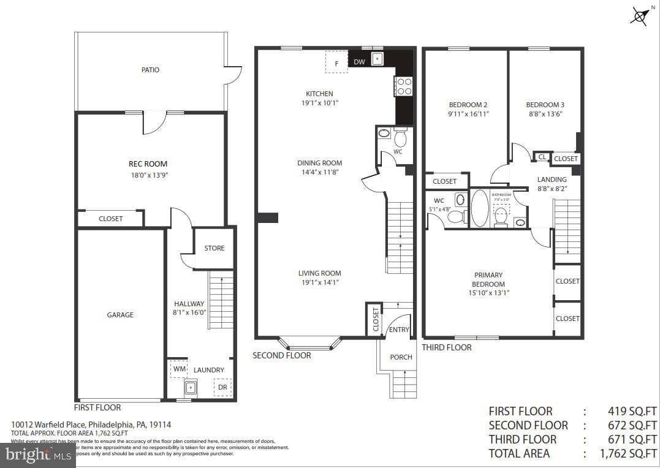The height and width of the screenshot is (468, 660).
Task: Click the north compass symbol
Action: pyautogui.click(x=640, y=15)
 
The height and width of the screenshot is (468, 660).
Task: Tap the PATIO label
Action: pyautogui.click(x=150, y=70)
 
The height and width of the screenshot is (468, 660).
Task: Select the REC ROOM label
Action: pyautogui.click(x=148, y=164)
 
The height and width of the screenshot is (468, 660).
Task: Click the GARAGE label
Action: pyautogui.click(x=120, y=315)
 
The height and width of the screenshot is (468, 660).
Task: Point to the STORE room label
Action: pyautogui.click(x=214, y=248)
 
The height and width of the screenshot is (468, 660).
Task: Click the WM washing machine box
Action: pyautogui.click(x=178, y=369)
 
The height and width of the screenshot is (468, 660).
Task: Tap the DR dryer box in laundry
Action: pyautogui.click(x=222, y=387)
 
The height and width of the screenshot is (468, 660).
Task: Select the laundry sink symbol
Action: pyautogui.click(x=191, y=387)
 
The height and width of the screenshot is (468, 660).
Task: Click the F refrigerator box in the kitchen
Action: pyautogui.click(x=336, y=62)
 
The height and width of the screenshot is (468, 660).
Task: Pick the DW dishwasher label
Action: pyautogui.click(x=359, y=62)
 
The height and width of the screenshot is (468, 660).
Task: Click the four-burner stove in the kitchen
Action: pyautogui.click(x=404, y=86)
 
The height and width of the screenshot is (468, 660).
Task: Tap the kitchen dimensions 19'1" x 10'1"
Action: pyautogui.click(x=319, y=103)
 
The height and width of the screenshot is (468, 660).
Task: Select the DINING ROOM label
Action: pyautogui.click(x=319, y=163)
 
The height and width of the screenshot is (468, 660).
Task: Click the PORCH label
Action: pyautogui.click(x=401, y=357)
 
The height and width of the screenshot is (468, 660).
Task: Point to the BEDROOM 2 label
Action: pyautogui.click(x=469, y=105)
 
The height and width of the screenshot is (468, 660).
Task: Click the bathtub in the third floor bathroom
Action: pyautogui.click(x=479, y=208)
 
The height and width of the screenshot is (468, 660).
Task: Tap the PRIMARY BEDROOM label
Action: pyautogui.click(x=488, y=279)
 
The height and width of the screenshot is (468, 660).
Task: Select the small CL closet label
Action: pyautogui.click(x=542, y=157)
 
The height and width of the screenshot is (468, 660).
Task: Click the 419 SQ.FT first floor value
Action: pyautogui.click(x=632, y=411)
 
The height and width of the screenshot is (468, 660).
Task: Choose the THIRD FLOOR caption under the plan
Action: pyautogui.click(x=447, y=347)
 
